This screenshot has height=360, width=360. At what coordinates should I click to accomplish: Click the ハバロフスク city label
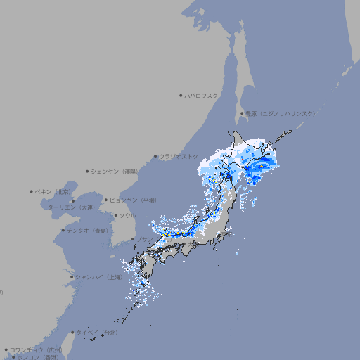pos(202,95)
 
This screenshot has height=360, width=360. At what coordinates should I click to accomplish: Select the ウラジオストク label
pos(179,156)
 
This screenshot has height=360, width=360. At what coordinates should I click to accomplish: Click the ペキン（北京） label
pos(54,191)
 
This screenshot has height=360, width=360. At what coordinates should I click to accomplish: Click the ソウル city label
pos(127,215)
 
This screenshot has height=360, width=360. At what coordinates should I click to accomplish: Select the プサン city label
pos(143,239)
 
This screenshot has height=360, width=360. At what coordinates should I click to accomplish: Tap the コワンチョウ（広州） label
pos(35,349)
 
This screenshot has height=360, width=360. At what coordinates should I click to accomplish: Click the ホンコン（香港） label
pos(37,357)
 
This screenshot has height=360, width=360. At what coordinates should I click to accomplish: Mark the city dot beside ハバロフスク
pos(181,95)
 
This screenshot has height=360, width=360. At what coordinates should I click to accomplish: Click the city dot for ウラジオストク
pos(155,156)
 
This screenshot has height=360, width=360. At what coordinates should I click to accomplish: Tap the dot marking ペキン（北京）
pos(32,191)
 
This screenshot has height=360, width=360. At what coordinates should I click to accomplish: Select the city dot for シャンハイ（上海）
pos(72,277)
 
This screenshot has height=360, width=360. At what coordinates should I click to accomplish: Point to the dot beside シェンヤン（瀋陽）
pos(88,171)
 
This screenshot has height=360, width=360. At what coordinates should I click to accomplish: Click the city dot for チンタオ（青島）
pos(63,230)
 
